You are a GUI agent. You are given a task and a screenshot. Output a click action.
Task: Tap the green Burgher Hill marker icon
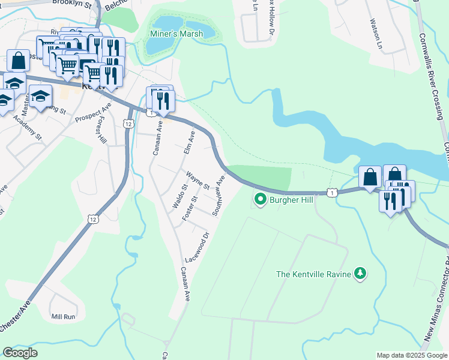click(x=260, y=199)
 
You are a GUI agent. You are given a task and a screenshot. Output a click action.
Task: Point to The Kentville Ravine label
click(x=313, y=274)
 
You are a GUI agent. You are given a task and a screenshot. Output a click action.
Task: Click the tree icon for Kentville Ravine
click(x=360, y=274)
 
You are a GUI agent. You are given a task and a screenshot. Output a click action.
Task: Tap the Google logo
click(x=20, y=353)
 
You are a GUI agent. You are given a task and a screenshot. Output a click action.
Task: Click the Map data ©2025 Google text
click(x=411, y=355)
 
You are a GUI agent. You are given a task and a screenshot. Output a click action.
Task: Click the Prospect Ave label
click(x=93, y=112)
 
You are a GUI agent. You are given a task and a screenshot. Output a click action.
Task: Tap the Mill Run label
click(x=63, y=316)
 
